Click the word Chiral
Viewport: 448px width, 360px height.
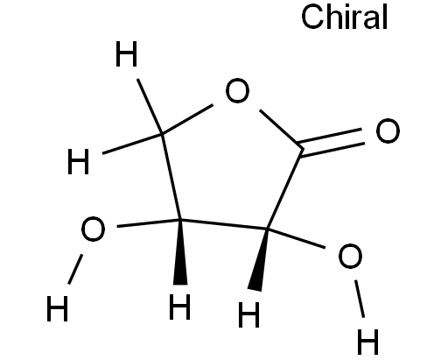[344, 17]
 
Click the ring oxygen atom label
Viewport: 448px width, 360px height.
[237, 90]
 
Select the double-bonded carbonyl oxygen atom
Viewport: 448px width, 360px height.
[388, 131]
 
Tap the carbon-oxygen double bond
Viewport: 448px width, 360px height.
[331, 143]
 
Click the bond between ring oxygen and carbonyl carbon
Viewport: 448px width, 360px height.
[281, 129]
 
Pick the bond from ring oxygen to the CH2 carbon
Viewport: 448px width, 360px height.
[187, 120]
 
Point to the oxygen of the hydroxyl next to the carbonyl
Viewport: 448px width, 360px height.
[350, 256]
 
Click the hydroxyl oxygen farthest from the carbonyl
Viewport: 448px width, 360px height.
[93, 229]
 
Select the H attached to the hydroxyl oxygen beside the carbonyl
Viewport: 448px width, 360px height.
[367, 342]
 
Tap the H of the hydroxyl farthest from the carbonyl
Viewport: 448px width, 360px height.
[57, 308]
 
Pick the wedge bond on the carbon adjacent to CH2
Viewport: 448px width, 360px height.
[180, 251]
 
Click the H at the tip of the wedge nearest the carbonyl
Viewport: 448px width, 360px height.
[248, 314]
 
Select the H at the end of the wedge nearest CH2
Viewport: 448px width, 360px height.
[180, 307]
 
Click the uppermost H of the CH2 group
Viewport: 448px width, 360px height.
[126, 53]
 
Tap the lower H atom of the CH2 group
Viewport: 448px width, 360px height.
[78, 161]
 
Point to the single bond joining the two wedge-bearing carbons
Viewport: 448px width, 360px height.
[224, 224]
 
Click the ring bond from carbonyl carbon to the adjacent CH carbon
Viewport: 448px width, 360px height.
[284, 189]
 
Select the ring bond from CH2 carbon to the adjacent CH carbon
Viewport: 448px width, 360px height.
[171, 177]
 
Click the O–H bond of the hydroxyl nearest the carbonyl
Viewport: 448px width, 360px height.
[360, 299]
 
